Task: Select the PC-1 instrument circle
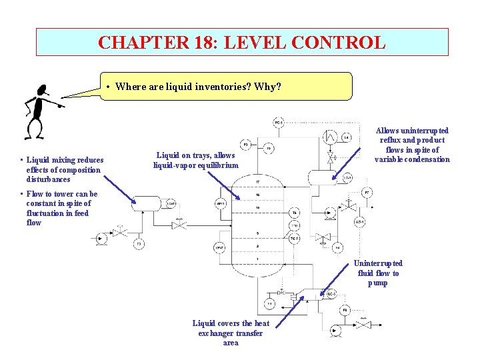(279, 123)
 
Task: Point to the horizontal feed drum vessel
(147, 203)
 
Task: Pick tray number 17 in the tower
(257, 181)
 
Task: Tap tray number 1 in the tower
(257, 259)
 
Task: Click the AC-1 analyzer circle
(359, 222)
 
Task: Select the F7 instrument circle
(367, 193)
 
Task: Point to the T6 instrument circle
(295, 213)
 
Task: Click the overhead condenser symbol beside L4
(329, 137)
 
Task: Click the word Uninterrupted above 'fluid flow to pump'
(378, 263)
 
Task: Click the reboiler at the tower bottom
(303, 295)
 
